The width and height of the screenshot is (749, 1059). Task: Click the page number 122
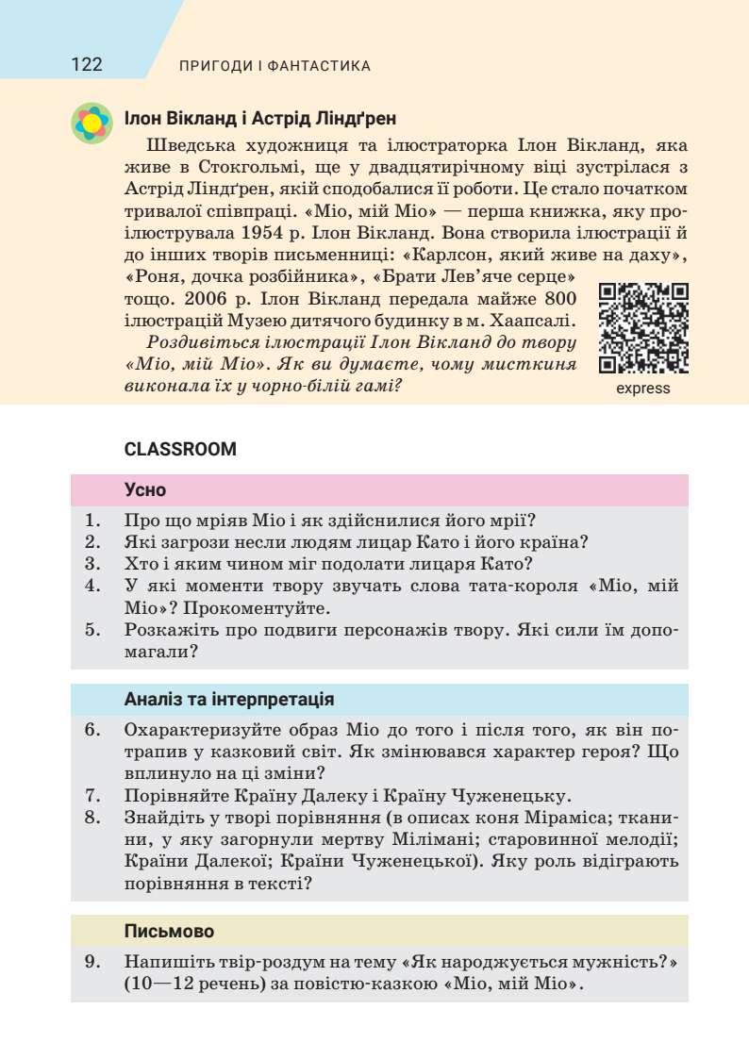click(x=86, y=65)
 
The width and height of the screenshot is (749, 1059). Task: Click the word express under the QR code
click(x=643, y=389)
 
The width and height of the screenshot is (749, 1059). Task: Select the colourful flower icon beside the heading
click(x=92, y=123)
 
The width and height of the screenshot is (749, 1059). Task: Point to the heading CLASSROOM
click(x=180, y=450)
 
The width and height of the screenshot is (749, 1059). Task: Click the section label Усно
click(x=145, y=490)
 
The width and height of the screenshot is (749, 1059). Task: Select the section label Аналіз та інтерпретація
click(x=227, y=700)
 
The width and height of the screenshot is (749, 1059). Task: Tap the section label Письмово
click(x=169, y=931)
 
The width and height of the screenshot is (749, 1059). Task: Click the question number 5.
click(x=92, y=630)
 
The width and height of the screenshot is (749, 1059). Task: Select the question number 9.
click(x=92, y=962)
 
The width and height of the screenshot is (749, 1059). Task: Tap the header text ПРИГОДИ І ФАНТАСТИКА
click(x=275, y=66)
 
